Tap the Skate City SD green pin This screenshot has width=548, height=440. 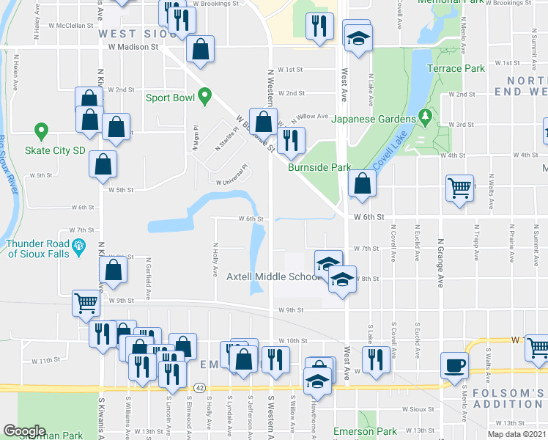(42, 133)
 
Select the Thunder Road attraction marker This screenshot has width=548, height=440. (79, 246)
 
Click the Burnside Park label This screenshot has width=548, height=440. (319, 168)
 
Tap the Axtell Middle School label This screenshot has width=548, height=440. (272, 276)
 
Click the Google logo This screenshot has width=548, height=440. (24, 431)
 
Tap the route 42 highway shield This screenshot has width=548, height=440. (199, 386)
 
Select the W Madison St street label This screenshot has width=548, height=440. (133, 46)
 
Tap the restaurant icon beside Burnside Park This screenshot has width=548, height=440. (291, 142)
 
